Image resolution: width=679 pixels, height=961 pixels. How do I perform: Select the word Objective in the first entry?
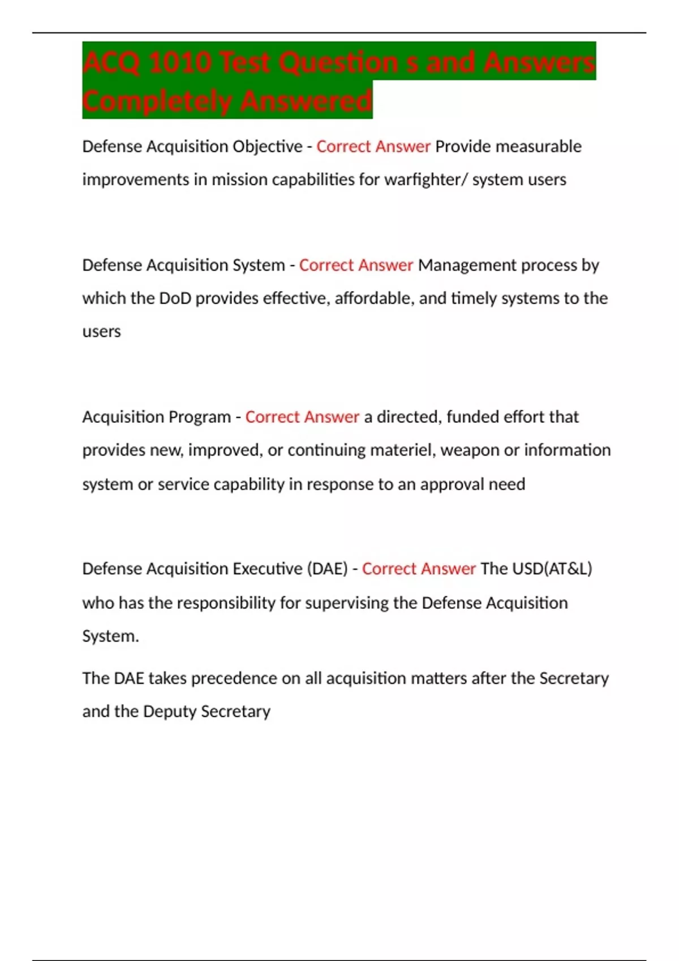tap(268, 147)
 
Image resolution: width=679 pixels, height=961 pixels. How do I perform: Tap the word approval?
tap(457, 484)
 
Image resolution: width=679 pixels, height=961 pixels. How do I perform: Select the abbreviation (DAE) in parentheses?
tap(327, 569)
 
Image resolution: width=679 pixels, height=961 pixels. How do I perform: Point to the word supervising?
tap(346, 603)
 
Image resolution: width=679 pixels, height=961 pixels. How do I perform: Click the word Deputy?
tap(169, 712)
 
